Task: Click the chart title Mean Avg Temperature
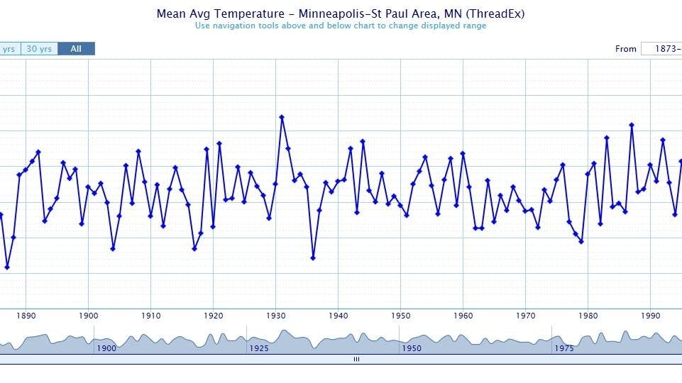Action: tap(341, 13)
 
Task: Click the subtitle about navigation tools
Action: tap(341, 26)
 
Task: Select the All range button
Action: tap(76, 49)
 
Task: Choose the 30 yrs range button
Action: tap(39, 49)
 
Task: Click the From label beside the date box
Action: tap(625, 49)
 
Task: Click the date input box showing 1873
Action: tap(661, 49)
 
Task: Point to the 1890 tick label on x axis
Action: tap(26, 316)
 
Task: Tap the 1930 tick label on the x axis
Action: tap(276, 316)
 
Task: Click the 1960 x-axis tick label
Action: tap(463, 316)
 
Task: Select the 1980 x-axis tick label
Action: tap(588, 316)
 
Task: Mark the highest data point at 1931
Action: tap(282, 117)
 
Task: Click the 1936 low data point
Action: tap(313, 258)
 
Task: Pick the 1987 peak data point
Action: tap(632, 126)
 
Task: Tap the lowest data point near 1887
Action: tap(7, 267)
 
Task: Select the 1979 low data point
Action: tap(581, 242)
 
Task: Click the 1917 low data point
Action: tap(194, 249)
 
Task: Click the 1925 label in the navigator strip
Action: tap(259, 348)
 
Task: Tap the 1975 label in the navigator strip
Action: tap(564, 348)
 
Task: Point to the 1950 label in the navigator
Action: tap(412, 348)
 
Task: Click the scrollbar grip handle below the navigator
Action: tap(356, 360)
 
